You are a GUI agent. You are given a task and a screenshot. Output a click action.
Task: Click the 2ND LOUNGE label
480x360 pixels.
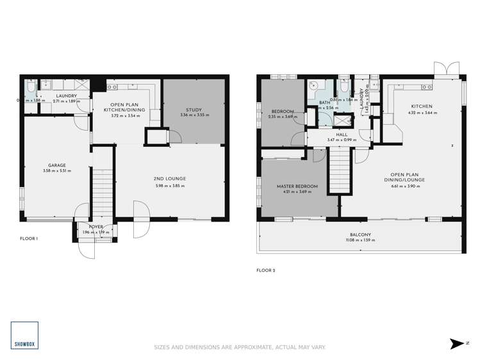[x=169, y=179]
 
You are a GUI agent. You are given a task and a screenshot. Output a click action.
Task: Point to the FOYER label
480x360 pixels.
[x=95, y=226]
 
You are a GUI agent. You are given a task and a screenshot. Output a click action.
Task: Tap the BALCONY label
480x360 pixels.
[x=360, y=235]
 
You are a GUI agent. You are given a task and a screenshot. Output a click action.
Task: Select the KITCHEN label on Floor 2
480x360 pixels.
[x=422, y=106]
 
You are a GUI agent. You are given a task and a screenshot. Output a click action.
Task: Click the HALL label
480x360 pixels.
[x=332, y=134]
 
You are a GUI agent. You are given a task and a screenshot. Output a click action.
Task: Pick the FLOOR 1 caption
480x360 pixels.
[x=29, y=238]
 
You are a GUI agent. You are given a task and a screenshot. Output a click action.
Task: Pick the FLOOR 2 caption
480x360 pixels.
[x=265, y=270]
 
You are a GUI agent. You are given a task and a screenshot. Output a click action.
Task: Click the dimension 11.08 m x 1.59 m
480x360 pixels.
[x=360, y=240]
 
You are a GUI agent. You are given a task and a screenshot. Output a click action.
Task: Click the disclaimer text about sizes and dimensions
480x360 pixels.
[x=240, y=347]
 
